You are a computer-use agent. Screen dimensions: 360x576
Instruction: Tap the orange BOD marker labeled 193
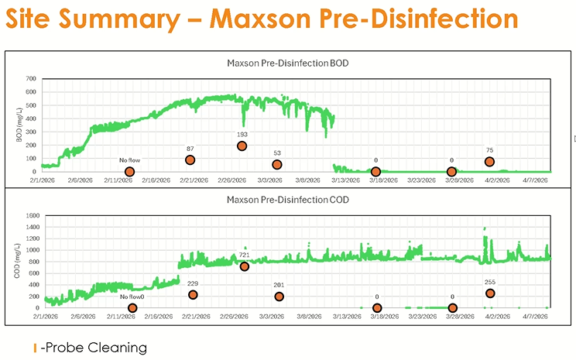click(x=242, y=146)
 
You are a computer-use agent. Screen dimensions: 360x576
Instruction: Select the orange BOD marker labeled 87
click(x=190, y=159)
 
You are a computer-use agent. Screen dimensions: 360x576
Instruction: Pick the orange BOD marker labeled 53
click(x=277, y=164)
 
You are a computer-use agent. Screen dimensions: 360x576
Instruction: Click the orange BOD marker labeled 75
click(x=489, y=162)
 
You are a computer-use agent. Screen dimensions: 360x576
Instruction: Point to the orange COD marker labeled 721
click(x=245, y=266)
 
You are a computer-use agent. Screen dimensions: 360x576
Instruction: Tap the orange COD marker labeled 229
click(x=193, y=295)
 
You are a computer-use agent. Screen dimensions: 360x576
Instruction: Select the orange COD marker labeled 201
click(x=279, y=297)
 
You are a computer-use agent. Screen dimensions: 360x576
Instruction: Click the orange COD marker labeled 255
click(x=490, y=293)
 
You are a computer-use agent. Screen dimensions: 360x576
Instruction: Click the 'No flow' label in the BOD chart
click(x=129, y=160)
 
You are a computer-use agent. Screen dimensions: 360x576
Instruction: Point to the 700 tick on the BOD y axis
click(x=30, y=79)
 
